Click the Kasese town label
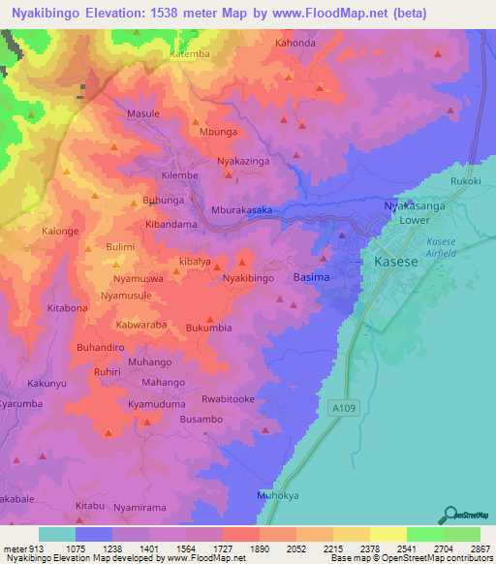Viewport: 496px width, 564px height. point(396,263)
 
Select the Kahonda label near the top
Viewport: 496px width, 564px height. point(295,44)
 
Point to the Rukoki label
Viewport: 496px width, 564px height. point(466,181)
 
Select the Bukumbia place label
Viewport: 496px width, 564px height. point(209,328)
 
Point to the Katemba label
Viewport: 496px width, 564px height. point(189,55)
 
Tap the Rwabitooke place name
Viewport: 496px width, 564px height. point(228,398)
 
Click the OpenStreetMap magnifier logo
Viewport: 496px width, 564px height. point(449,516)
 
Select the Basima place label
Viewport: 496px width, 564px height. point(311,278)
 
